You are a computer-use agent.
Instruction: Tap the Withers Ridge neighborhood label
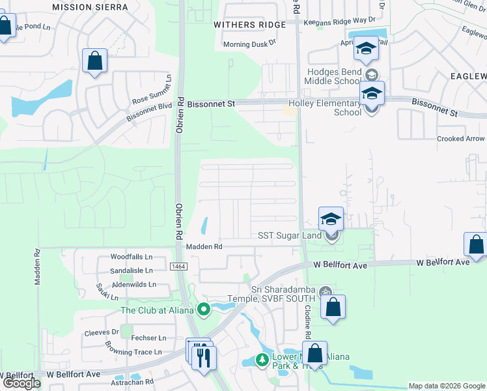pyautogui.click(x=249, y=25)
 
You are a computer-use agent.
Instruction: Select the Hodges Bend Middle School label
pyautogui.click(x=331, y=77)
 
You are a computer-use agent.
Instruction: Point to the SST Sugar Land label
pyautogui.click(x=290, y=235)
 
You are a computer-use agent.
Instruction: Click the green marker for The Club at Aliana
pyautogui.click(x=204, y=310)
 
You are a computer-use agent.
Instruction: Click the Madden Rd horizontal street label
pyautogui.click(x=204, y=247)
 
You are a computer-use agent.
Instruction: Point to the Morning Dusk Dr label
pyautogui.click(x=250, y=44)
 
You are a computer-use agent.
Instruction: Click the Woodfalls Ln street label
pyautogui.click(x=131, y=257)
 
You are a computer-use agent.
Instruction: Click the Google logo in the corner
pyautogui.click(x=21, y=383)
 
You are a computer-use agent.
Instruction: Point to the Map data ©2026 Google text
pyautogui.click(x=446, y=386)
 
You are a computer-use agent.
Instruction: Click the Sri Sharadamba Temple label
pyautogui.click(x=286, y=294)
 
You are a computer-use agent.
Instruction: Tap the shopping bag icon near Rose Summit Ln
pyautogui.click(x=95, y=62)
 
